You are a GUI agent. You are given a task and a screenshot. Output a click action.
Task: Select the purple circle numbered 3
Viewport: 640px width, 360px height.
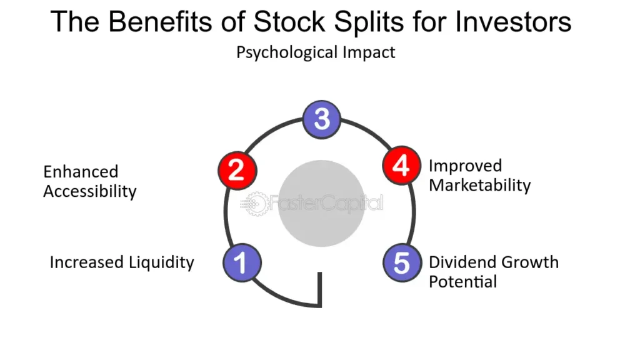click(x=321, y=118)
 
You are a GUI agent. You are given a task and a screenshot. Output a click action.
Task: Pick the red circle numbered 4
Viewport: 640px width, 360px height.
click(x=401, y=166)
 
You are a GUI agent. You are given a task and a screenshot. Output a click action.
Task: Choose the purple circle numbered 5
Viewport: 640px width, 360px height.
click(x=401, y=262)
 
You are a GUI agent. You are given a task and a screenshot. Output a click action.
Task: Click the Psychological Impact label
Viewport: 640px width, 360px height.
click(x=316, y=52)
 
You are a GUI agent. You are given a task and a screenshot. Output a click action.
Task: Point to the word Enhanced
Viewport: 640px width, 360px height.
click(x=81, y=172)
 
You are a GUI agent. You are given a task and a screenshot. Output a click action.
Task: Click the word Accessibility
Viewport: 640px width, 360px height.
click(x=89, y=191)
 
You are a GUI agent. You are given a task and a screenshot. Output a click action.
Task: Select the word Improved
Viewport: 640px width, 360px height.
click(x=465, y=166)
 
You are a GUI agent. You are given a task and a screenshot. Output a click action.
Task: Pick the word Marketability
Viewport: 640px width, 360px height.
click(x=479, y=186)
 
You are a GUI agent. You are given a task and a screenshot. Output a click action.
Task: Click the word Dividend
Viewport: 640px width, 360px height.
click(x=459, y=262)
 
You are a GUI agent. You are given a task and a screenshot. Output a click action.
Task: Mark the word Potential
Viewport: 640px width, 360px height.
click(x=462, y=281)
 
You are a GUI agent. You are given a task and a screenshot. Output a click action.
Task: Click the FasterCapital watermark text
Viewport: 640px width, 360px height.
click(x=326, y=204)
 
